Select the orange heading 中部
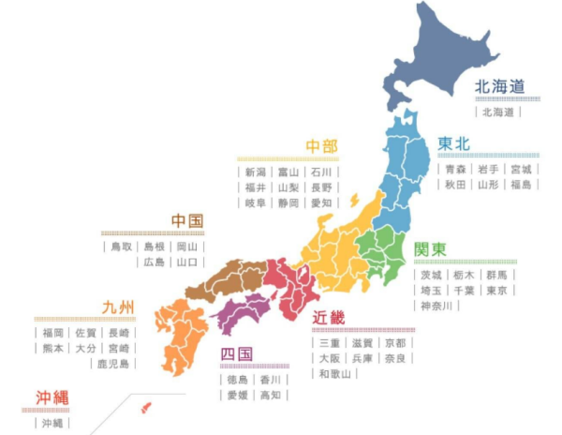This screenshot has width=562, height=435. (x=321, y=147)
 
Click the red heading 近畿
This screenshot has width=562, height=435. (x=329, y=318)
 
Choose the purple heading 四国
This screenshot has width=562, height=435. (x=237, y=354)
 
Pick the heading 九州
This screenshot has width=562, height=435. (x=119, y=307)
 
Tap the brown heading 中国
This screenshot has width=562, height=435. (x=187, y=221)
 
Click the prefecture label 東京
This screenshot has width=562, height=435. (x=497, y=291)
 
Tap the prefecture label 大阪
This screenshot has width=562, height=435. (x=329, y=358)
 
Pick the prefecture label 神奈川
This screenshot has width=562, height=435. (x=436, y=307)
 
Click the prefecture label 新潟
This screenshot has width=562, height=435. (x=256, y=172)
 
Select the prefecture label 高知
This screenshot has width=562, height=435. (x=270, y=396)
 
